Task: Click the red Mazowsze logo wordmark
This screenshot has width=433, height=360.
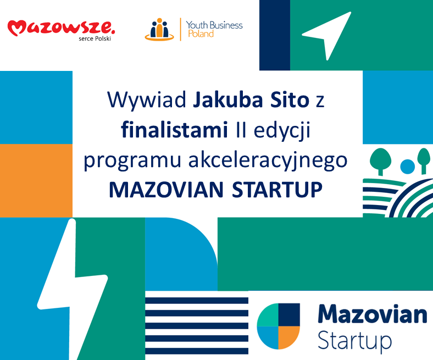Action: coord(61,27)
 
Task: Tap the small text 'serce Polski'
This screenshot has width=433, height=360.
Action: coord(95,38)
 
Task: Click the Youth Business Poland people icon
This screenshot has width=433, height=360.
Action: coord(159,30)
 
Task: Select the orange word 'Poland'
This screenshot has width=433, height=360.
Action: coord(201,34)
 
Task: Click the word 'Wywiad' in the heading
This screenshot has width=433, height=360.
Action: coord(147,99)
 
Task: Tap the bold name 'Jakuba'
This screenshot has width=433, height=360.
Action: coord(228,99)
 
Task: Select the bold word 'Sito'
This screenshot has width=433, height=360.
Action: coord(290,99)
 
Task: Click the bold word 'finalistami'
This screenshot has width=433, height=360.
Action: coord(175,130)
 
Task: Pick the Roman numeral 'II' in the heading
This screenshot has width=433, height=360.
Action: coord(241,130)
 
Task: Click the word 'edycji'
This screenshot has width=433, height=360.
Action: coord(282,131)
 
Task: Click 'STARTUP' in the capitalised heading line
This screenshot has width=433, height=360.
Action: coord(277,190)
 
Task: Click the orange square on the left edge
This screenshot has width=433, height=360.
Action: coord(36,180)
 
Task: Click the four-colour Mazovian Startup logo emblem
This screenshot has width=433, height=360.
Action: coord(279,326)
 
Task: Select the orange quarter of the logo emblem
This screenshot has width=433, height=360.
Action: coord(288,336)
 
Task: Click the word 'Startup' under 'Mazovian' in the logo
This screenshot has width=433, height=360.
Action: coord(354,342)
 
